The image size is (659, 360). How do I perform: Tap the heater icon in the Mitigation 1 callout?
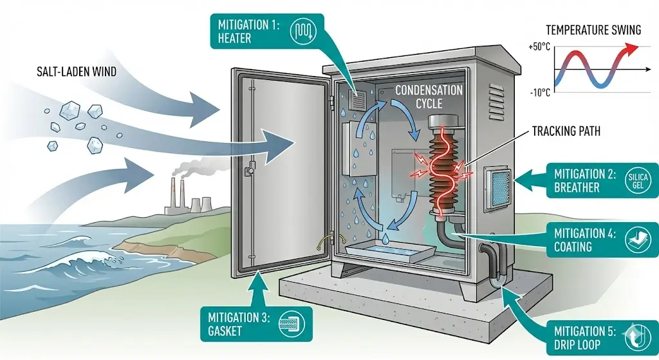303,31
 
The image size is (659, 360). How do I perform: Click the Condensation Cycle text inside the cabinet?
428,97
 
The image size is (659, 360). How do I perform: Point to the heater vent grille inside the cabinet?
356,100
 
